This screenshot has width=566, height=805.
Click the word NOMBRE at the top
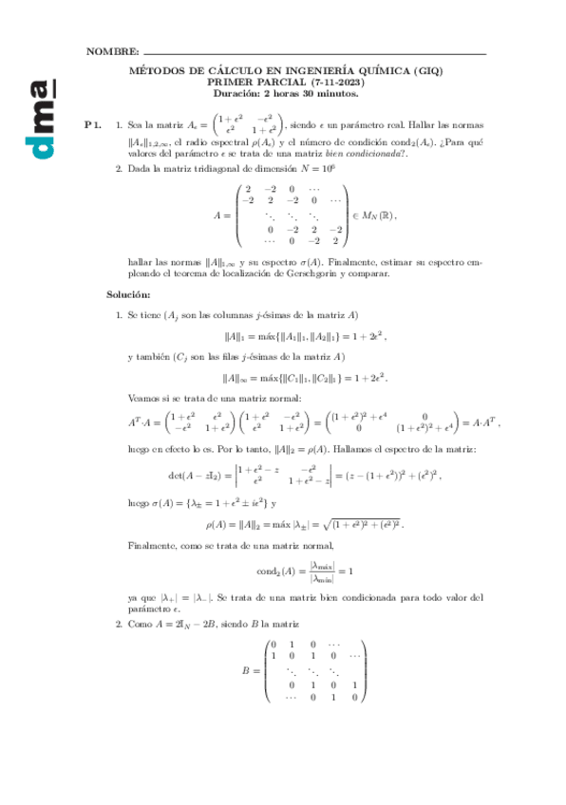click(111, 50)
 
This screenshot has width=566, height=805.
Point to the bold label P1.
click(91, 124)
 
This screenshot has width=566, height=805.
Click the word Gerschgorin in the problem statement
click(315, 272)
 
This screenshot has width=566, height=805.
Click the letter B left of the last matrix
click(247, 670)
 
